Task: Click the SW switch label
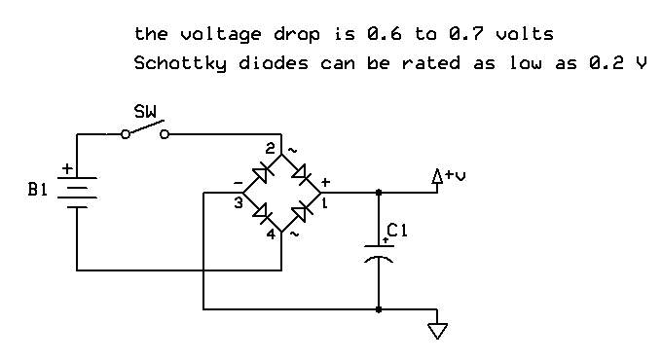[145, 112]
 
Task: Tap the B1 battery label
[38, 190]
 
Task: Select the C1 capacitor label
[397, 231]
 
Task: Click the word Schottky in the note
[180, 63]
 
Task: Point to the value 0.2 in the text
[607, 62]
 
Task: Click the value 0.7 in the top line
[466, 34]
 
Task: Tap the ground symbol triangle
[437, 331]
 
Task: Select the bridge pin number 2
[270, 148]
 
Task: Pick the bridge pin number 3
[239, 203]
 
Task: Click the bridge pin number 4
[271, 234]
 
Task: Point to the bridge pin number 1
[324, 203]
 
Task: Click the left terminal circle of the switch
[126, 134]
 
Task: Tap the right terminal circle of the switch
[165, 134]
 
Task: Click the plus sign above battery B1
[67, 169]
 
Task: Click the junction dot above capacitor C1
[379, 193]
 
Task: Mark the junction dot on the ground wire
[379, 309]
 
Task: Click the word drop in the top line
[296, 35]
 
